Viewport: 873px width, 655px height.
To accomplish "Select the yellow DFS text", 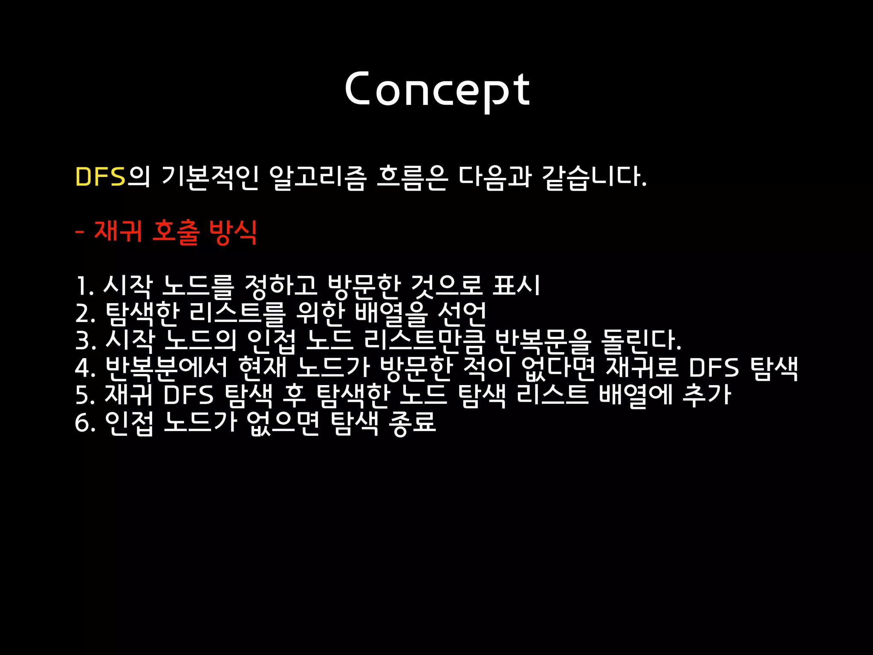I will pos(101,177).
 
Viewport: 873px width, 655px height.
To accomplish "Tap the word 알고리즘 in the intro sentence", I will pos(318,177).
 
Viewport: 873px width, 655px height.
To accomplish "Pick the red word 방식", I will pos(233,232).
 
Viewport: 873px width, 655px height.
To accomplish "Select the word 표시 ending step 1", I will pos(516,285).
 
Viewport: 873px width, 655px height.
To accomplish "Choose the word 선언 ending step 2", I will pos(462,313).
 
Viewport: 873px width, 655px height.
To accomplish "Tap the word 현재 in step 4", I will pos(262,368).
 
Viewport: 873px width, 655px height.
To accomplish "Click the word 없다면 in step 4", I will pos(558,368).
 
